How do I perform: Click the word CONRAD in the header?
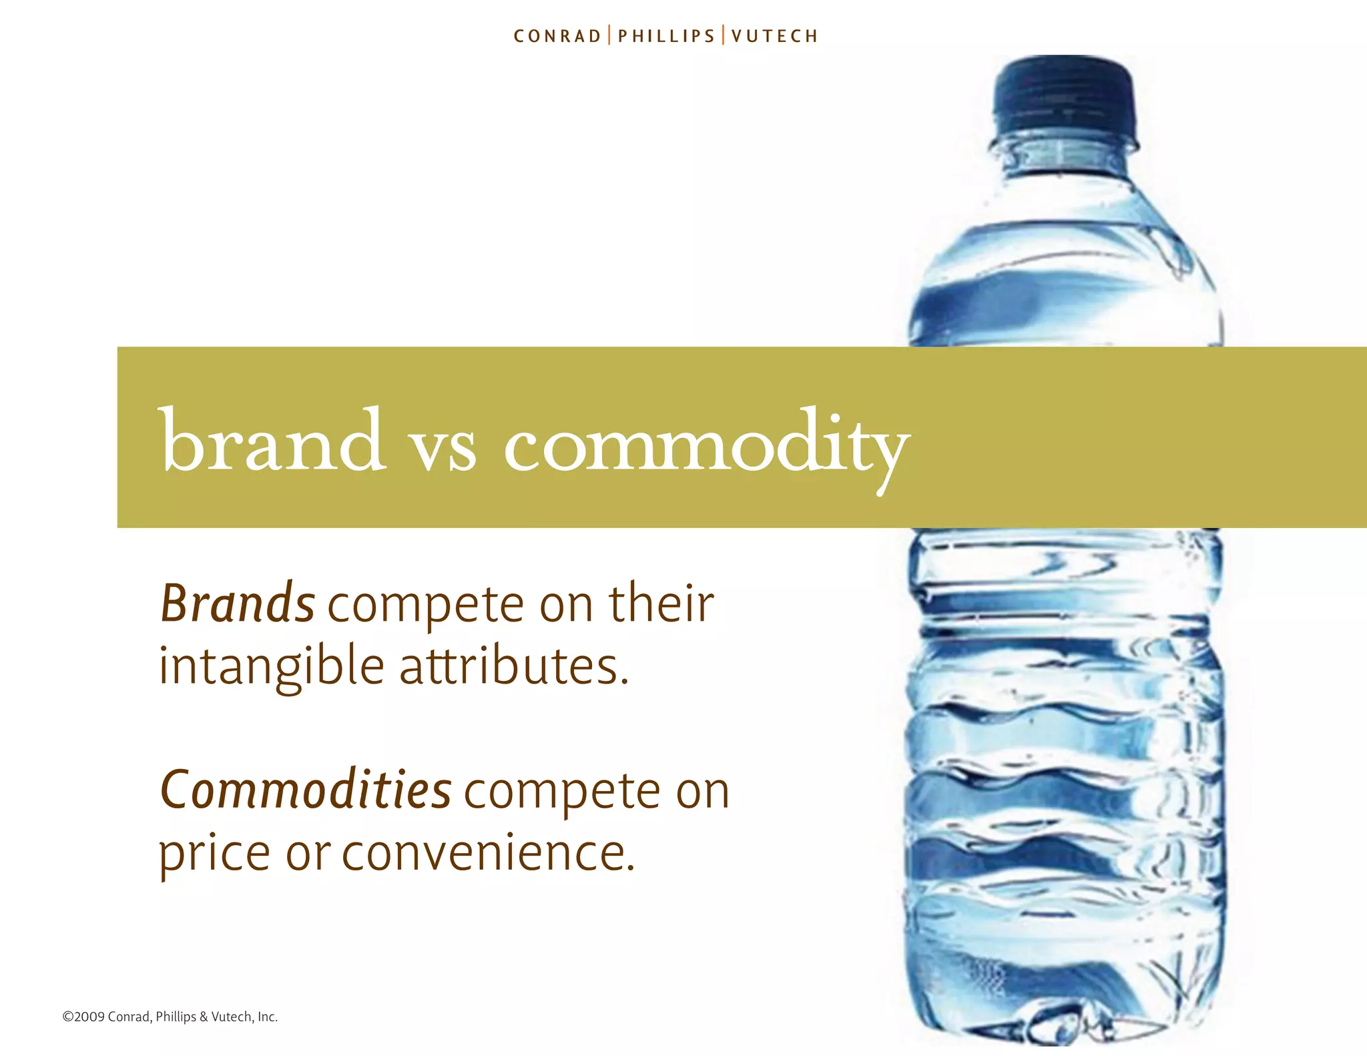click(557, 36)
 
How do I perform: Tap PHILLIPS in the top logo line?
click(666, 36)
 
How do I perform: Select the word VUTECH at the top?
click(774, 36)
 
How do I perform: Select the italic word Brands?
click(238, 603)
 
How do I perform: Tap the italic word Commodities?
click(306, 790)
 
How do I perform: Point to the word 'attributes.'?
click(514, 666)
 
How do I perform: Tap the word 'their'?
click(661, 603)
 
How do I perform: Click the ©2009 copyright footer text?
click(170, 1017)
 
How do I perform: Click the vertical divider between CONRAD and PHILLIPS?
click(609, 35)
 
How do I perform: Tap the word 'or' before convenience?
click(308, 854)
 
